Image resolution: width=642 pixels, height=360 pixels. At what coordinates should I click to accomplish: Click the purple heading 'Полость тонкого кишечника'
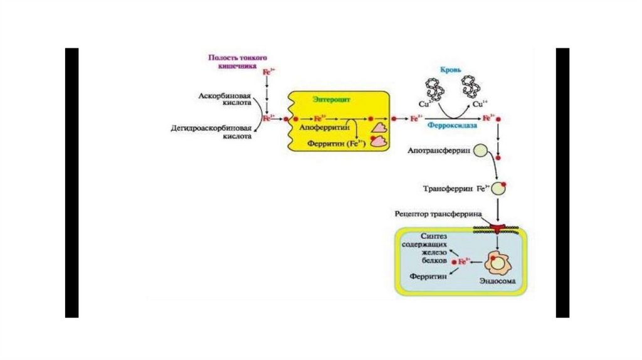coord(233,61)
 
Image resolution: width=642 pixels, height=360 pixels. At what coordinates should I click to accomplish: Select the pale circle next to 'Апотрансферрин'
coord(481,151)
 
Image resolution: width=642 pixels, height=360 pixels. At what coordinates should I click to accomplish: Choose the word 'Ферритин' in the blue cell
coord(428,276)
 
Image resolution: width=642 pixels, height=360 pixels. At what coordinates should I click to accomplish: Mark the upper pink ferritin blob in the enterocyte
coord(379,127)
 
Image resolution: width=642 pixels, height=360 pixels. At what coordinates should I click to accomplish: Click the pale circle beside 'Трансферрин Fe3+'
coord(499,188)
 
